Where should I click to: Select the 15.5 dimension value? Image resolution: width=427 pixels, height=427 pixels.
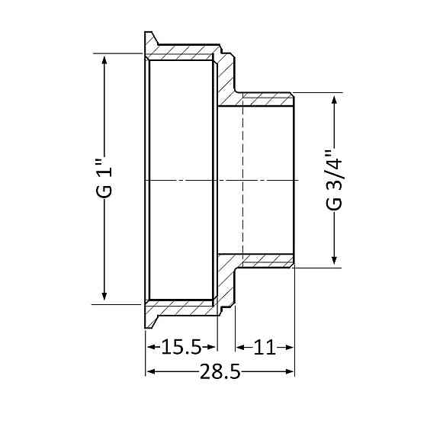coord(181,348)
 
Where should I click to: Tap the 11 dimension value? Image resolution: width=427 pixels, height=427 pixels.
coord(264,348)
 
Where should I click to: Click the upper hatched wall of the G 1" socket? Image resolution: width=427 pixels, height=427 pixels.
coord(183,53)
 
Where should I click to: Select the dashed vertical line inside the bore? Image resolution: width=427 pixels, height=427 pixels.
coord(242,180)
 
